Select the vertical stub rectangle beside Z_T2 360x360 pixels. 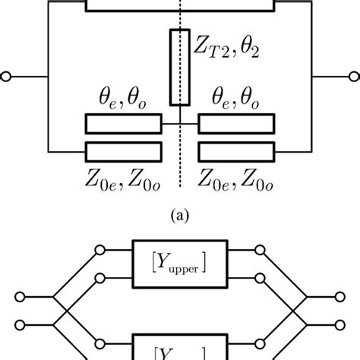point(180,68)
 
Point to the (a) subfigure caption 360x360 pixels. point(180,215)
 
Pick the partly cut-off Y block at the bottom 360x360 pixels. point(180,350)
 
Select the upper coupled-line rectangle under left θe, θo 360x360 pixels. point(123,124)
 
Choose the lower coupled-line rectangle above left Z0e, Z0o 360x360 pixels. point(123,150)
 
